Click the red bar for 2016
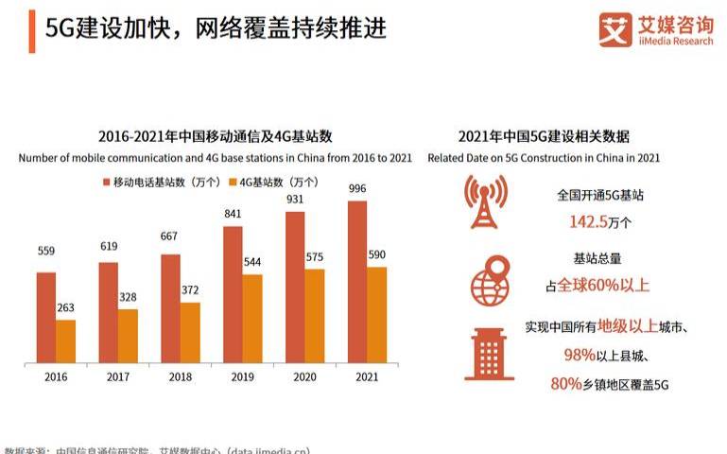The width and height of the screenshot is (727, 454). [x=46, y=317]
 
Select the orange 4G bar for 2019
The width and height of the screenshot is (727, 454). [x=252, y=319]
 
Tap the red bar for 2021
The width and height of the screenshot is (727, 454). [x=356, y=281]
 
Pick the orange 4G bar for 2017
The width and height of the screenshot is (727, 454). [x=128, y=336]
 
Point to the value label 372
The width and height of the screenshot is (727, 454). [x=190, y=290]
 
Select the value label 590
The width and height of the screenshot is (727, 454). [x=376, y=254]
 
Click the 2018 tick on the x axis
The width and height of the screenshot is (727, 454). [x=180, y=376]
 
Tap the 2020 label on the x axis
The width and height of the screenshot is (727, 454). [x=304, y=376]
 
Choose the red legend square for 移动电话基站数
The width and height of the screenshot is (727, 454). [x=106, y=182]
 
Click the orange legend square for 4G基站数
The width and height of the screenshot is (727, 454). [x=232, y=182]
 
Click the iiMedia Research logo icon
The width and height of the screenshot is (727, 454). [x=614, y=29]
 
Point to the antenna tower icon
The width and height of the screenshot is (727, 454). [x=485, y=201]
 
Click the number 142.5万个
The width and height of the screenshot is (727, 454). [x=600, y=221]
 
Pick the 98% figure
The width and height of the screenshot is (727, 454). [x=579, y=355]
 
